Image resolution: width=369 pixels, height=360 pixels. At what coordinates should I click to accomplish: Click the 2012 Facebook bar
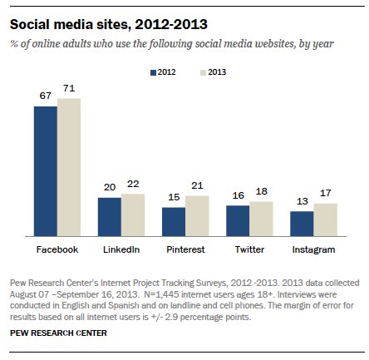45,171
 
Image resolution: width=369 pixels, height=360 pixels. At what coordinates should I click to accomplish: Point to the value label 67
46,98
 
